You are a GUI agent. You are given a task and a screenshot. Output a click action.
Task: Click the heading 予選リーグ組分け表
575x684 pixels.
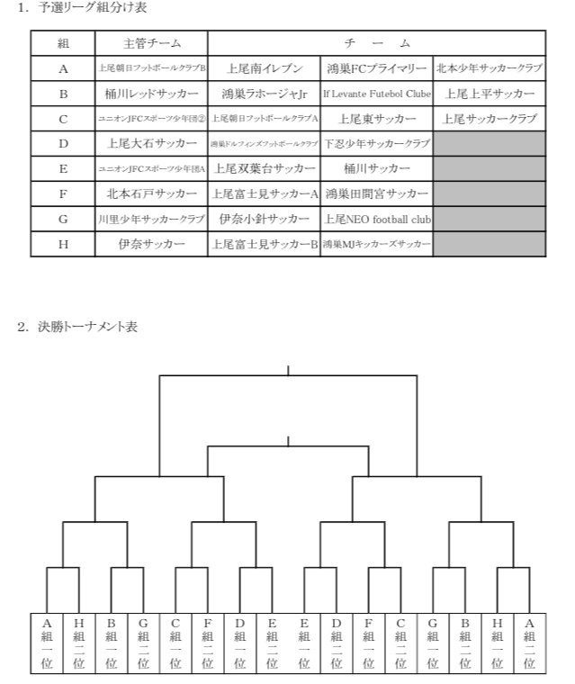click(86, 8)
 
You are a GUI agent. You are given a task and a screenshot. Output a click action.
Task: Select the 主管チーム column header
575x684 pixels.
click(151, 43)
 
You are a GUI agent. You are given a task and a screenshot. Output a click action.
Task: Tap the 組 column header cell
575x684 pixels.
click(63, 43)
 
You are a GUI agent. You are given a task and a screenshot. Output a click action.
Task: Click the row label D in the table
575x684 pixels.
click(63, 143)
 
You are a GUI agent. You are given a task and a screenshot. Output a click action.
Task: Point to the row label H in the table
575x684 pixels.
click(63, 244)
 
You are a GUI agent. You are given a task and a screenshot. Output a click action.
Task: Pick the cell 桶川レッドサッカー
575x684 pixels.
click(151, 94)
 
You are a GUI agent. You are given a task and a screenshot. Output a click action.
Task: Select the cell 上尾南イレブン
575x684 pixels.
click(264, 68)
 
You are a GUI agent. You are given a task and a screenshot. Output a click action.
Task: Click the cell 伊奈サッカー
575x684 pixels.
click(151, 244)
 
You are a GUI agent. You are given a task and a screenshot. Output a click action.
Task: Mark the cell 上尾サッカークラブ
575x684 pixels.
click(490, 119)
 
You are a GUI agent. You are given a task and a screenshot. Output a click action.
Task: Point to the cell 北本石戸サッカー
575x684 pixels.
click(151, 193)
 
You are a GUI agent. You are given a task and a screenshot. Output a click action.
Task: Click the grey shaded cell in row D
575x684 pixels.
click(490, 143)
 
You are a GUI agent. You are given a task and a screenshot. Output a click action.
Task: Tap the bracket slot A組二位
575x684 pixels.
click(529, 643)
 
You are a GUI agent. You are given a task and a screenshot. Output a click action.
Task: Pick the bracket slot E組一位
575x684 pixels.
click(304, 643)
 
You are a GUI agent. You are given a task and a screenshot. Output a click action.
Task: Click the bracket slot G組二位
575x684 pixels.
click(144, 643)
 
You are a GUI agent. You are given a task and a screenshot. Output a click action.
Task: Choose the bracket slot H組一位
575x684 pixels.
click(497, 643)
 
